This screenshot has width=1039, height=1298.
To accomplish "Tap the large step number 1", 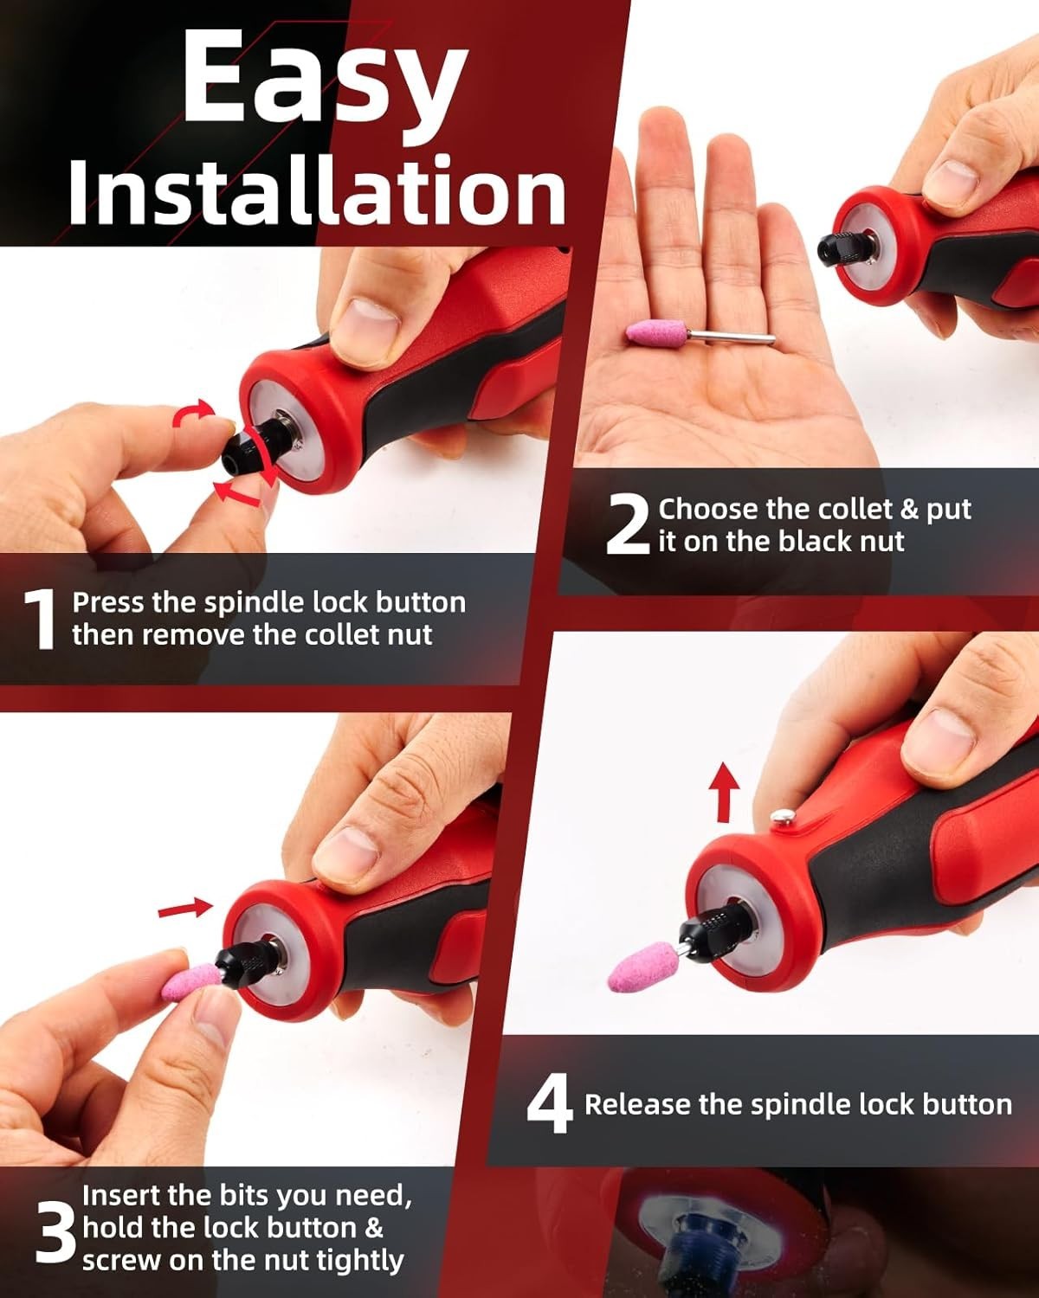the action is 41,620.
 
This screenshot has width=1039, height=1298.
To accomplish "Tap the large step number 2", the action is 628,524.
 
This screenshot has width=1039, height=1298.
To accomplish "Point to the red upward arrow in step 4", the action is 724,793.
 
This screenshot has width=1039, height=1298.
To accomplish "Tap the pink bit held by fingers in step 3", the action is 192,982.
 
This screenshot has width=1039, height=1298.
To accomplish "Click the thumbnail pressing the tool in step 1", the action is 366,330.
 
